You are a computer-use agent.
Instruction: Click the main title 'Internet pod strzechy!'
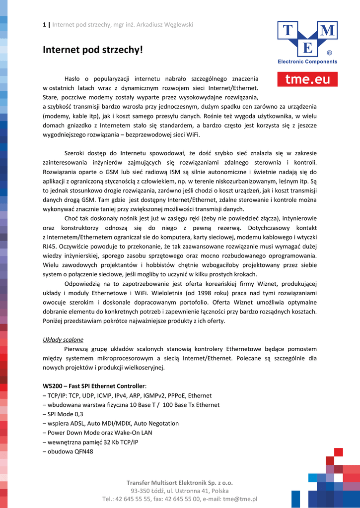(92, 50)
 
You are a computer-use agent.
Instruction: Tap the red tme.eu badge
(307, 79)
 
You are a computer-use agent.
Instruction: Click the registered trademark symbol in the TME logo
(329, 52)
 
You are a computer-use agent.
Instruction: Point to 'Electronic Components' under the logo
(307, 62)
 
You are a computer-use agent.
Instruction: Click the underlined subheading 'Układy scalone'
(63, 340)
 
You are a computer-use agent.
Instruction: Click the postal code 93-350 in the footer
(141, 491)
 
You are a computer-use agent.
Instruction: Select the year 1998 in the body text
(165, 293)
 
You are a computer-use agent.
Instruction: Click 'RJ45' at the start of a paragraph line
(50, 246)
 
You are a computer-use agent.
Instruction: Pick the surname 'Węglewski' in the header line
(178, 25)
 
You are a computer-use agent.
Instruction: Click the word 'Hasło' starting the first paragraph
(73, 79)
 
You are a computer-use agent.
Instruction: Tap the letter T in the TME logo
(288, 31)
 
